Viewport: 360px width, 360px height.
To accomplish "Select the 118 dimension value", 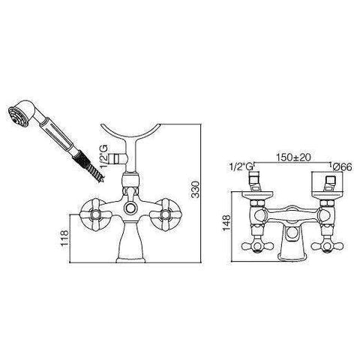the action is coord(64,238).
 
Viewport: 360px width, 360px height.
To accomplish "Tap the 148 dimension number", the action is coord(227,223).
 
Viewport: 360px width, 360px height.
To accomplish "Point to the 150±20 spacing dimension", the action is coord(293,157).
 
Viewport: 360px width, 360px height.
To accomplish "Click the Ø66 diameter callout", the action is coord(342,166).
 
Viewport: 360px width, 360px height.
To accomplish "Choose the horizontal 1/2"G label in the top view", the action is coord(241,166).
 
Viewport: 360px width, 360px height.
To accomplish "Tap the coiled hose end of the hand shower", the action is coord(91,166).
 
